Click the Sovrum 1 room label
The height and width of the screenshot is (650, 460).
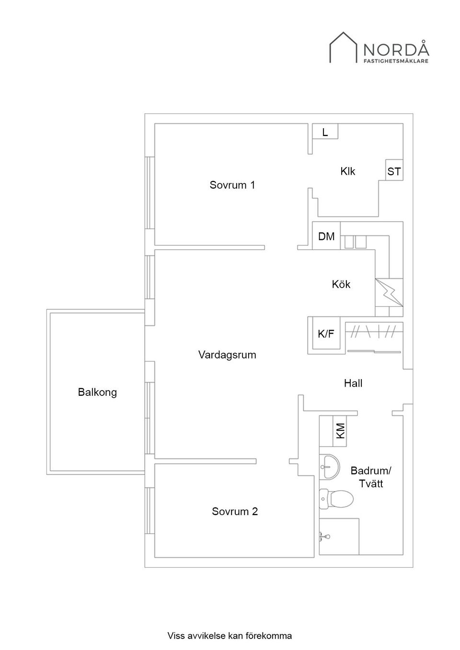[x=232, y=185]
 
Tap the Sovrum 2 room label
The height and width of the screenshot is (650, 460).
[x=235, y=511]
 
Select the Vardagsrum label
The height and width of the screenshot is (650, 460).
[x=227, y=355]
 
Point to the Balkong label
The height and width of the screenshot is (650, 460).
[x=97, y=392]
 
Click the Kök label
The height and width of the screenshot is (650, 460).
[x=341, y=284]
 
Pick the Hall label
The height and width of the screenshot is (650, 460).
[x=353, y=383]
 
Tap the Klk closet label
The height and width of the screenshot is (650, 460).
[x=347, y=171]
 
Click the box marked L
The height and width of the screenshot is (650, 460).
[x=325, y=131]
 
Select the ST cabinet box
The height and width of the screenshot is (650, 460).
[x=394, y=170]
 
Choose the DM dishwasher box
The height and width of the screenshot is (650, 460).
[x=326, y=235]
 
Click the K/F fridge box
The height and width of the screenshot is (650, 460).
[x=326, y=334]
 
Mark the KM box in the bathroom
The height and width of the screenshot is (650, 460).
[x=340, y=431]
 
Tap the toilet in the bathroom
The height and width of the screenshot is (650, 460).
[x=336, y=499]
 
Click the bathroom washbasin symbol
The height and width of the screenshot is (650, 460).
[x=329, y=466]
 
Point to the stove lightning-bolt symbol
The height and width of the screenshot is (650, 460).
[x=389, y=292]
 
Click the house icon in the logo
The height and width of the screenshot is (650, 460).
[x=343, y=47]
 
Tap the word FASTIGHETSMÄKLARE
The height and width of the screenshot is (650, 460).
[x=396, y=61]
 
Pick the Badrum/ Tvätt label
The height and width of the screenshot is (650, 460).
[x=371, y=477]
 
